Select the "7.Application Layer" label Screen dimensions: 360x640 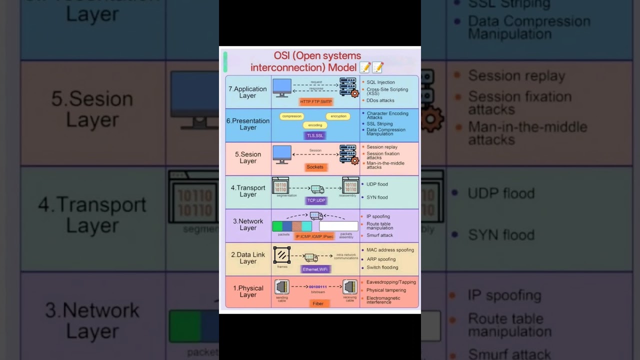click(247, 92)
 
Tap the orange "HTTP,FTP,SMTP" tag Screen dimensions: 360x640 click(315, 101)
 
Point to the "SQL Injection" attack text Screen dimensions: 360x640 click(380, 82)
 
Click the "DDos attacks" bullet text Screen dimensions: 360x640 click(380, 100)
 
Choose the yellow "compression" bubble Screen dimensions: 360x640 click(291, 116)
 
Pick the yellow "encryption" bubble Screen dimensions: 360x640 click(338, 116)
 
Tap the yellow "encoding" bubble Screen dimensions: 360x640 click(315, 125)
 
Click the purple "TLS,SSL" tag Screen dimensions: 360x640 click(315, 135)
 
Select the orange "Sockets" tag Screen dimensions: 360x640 click(315, 167)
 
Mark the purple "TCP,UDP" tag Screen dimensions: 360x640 click(315, 200)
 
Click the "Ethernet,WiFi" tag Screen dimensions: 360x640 click(316, 269)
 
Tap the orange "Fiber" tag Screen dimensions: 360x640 click(318, 303)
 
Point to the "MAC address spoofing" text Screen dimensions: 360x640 click(390, 249)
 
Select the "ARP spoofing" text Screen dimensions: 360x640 click(381, 259)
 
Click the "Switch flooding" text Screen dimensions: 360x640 click(382, 267)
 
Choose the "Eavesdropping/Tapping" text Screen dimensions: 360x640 click(391, 282)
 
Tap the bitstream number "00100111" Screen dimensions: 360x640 click(318, 287)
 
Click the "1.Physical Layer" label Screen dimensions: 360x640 click(248, 291)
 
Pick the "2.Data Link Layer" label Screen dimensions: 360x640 click(248, 258)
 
